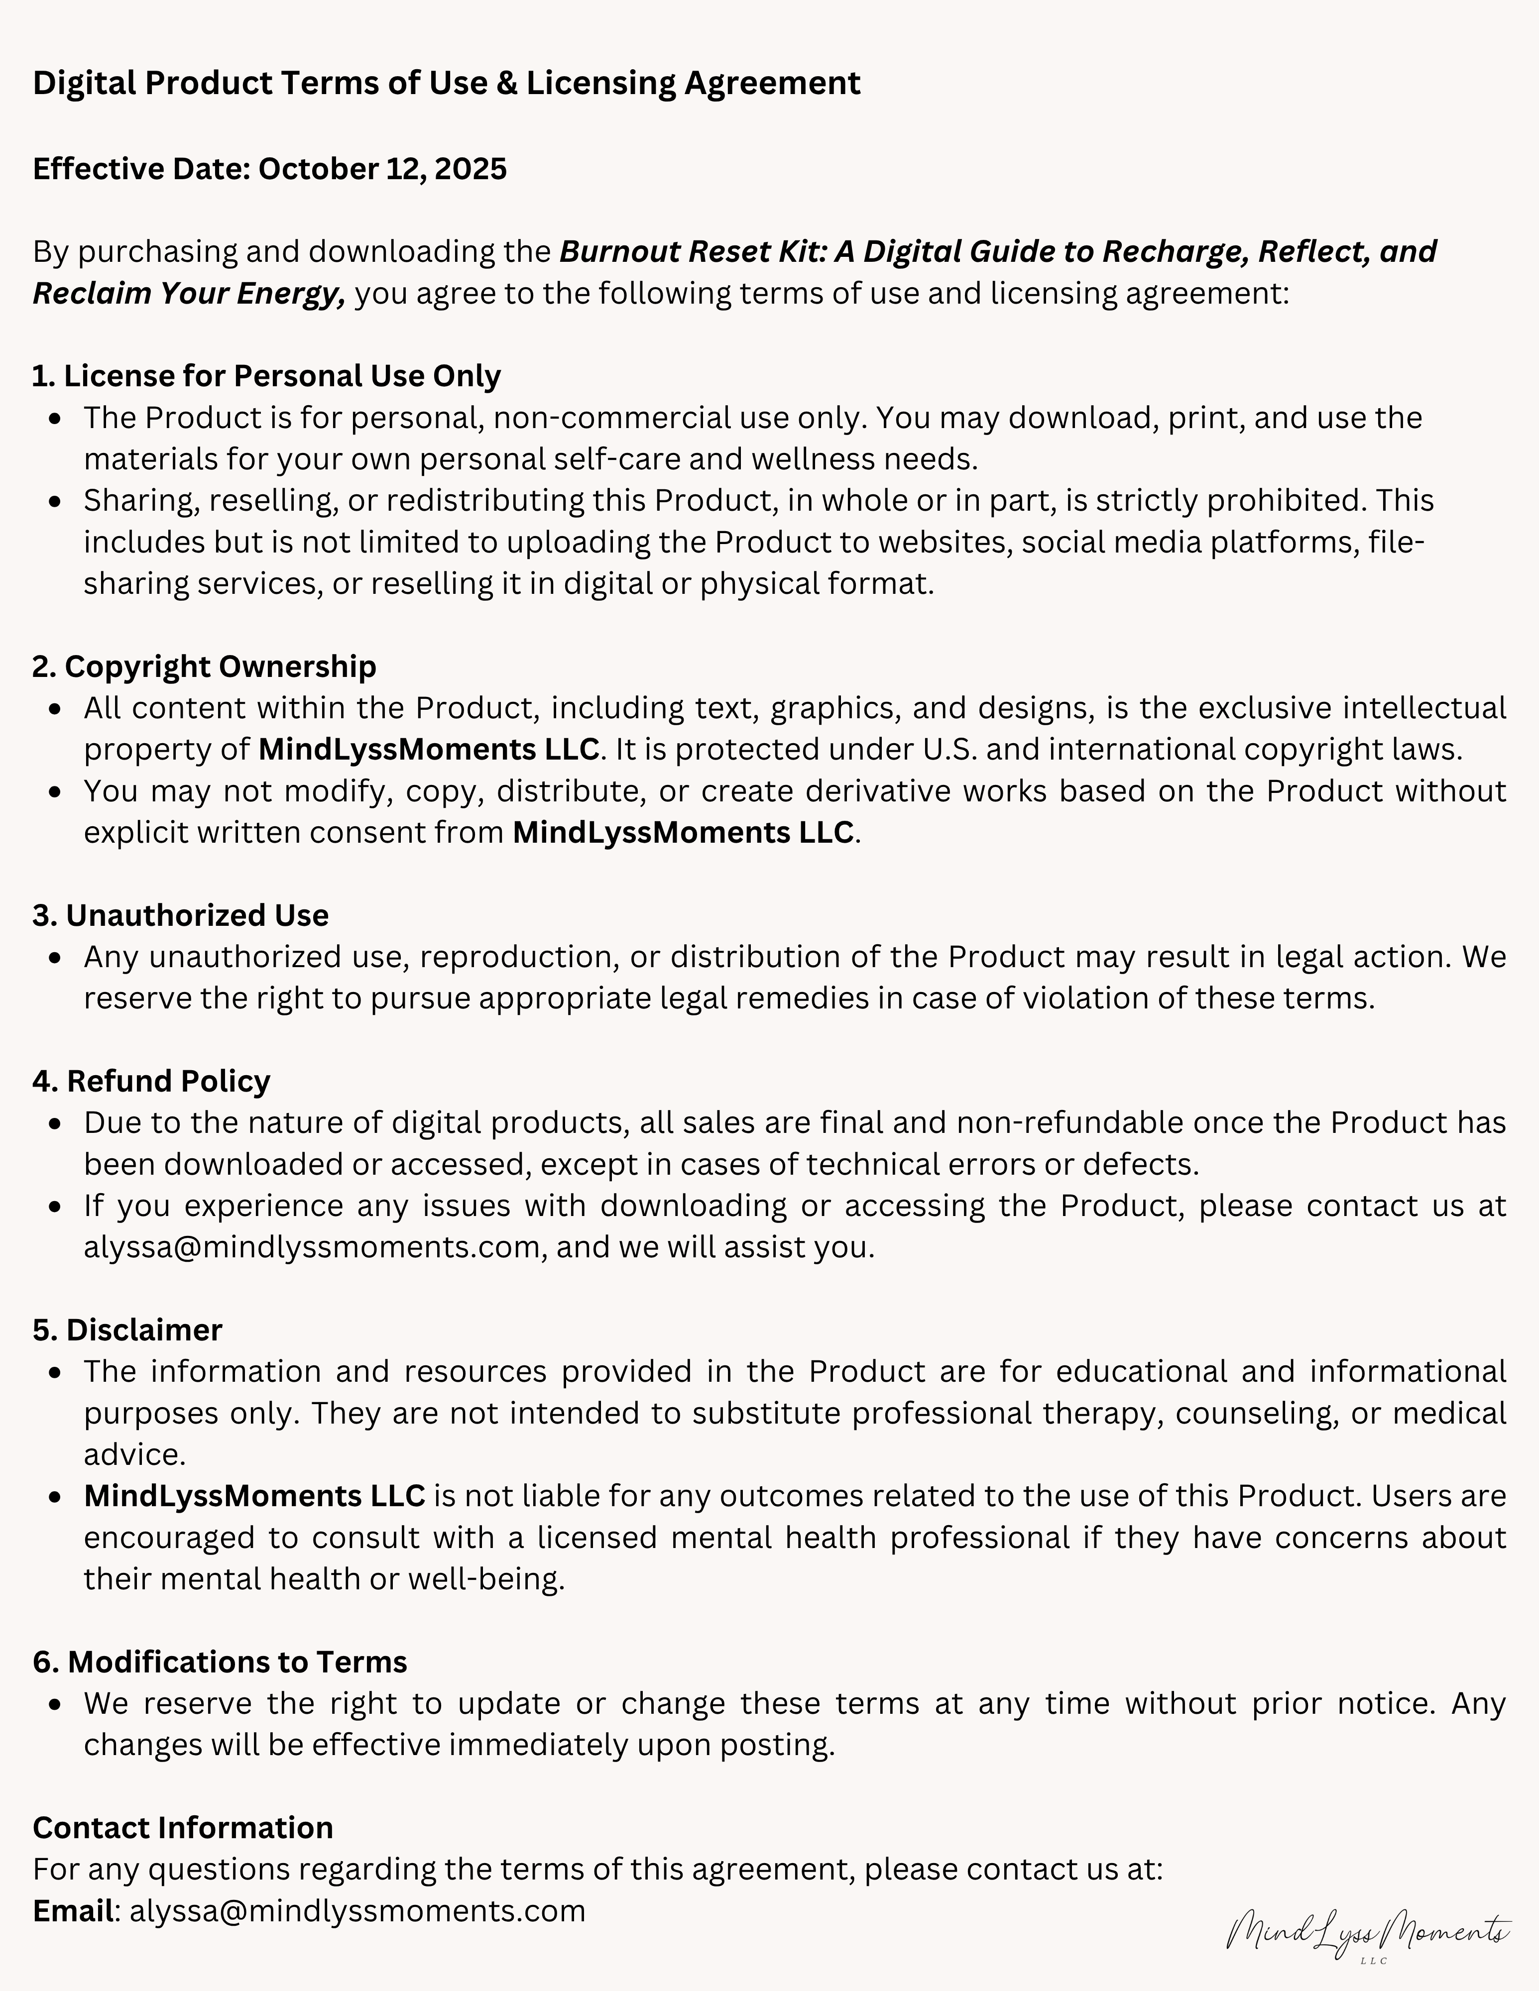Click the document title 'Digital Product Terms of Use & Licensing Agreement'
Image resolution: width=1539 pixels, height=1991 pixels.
[446, 83]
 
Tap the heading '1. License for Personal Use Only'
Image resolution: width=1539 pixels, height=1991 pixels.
[266, 376]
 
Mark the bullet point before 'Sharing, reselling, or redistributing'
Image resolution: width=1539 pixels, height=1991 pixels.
[57, 501]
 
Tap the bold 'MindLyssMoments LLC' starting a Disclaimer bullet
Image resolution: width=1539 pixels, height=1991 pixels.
[254, 1495]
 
